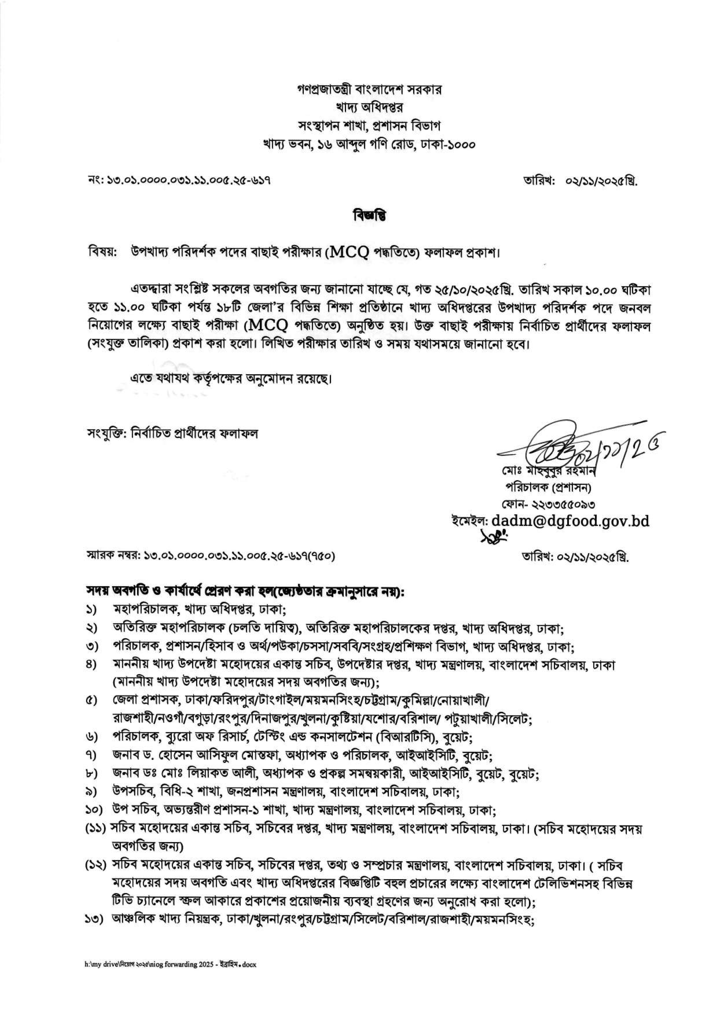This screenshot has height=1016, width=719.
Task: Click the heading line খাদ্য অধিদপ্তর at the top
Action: click(369, 108)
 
